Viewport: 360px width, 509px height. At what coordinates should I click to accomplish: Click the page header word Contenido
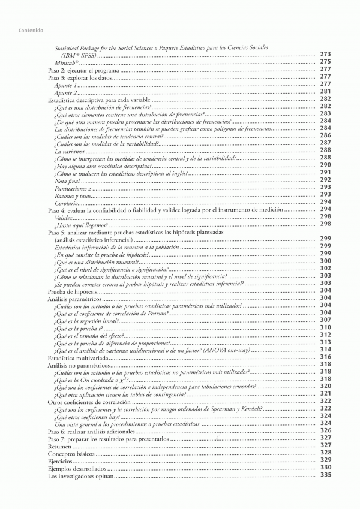click(x=29, y=30)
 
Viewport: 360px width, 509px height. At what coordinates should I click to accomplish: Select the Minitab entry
click(x=67, y=62)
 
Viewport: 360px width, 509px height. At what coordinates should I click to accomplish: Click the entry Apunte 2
click(x=65, y=92)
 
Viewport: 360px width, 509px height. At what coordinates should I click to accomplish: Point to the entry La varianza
click(x=68, y=151)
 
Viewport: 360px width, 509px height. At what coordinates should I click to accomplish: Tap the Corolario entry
click(x=65, y=203)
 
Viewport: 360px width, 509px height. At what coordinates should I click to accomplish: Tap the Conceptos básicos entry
click(x=70, y=454)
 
